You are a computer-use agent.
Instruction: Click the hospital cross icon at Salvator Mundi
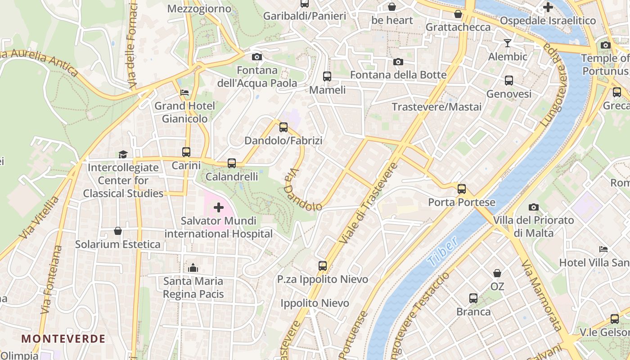pyautogui.click(x=219, y=207)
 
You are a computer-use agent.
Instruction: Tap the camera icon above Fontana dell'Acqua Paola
pyautogui.click(x=257, y=57)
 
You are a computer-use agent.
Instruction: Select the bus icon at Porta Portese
pyautogui.click(x=462, y=189)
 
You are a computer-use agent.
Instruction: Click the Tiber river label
pyautogui.click(x=443, y=251)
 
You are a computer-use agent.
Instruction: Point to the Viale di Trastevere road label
pyautogui.click(x=369, y=203)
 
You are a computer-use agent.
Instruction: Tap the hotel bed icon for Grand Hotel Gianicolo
pyautogui.click(x=184, y=93)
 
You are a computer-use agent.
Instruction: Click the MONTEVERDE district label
pyautogui.click(x=63, y=338)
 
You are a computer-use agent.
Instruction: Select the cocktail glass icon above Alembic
pyautogui.click(x=508, y=43)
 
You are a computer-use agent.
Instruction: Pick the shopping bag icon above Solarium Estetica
pyautogui.click(x=118, y=231)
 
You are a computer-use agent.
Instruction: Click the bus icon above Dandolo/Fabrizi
pyautogui.click(x=283, y=127)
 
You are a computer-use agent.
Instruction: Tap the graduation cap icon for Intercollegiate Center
pyautogui.click(x=123, y=154)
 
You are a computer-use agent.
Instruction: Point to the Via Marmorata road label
pyautogui.click(x=542, y=295)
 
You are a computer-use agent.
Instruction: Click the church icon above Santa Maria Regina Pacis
pyautogui.click(x=193, y=268)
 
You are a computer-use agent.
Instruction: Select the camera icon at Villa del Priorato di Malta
pyautogui.click(x=534, y=207)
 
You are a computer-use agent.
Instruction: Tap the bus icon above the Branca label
pyautogui.click(x=473, y=298)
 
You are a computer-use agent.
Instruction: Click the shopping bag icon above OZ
pyautogui.click(x=497, y=273)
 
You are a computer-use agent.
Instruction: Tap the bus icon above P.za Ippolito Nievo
pyautogui.click(x=323, y=265)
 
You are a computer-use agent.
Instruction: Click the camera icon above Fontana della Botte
pyautogui.click(x=398, y=62)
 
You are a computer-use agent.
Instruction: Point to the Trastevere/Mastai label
pyautogui.click(x=436, y=107)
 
